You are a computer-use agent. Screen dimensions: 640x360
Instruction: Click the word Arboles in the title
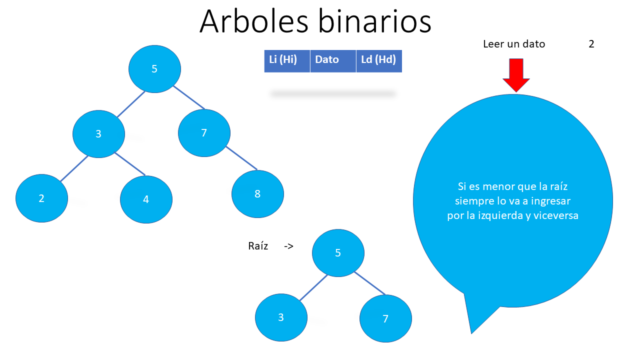click(253, 22)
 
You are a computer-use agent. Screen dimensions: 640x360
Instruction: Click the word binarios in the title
click(374, 22)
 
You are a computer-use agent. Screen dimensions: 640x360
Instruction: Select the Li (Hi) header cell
click(287, 61)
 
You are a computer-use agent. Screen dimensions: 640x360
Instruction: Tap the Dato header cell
click(333, 61)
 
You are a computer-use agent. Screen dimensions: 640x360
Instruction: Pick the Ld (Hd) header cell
click(379, 61)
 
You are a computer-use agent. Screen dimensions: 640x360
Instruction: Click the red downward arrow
click(516, 75)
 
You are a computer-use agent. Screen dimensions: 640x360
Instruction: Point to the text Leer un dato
click(514, 44)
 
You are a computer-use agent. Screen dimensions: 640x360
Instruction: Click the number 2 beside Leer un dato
click(591, 44)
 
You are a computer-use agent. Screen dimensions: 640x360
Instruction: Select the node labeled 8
click(257, 194)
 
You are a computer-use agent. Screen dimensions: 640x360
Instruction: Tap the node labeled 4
click(146, 199)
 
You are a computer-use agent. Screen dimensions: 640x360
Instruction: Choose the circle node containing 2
click(41, 198)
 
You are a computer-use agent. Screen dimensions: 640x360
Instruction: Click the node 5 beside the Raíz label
click(338, 253)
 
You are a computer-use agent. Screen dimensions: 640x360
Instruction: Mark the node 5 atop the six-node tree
click(154, 69)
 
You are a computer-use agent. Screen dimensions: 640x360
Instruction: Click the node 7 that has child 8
click(204, 133)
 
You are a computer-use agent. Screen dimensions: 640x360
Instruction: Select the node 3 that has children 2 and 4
click(98, 134)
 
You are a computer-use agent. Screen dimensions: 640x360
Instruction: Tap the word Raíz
click(258, 246)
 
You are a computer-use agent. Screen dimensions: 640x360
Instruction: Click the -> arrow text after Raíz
click(288, 246)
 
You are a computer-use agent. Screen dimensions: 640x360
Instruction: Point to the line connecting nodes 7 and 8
click(241, 158)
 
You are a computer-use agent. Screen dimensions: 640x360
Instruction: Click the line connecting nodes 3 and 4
click(129, 163)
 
